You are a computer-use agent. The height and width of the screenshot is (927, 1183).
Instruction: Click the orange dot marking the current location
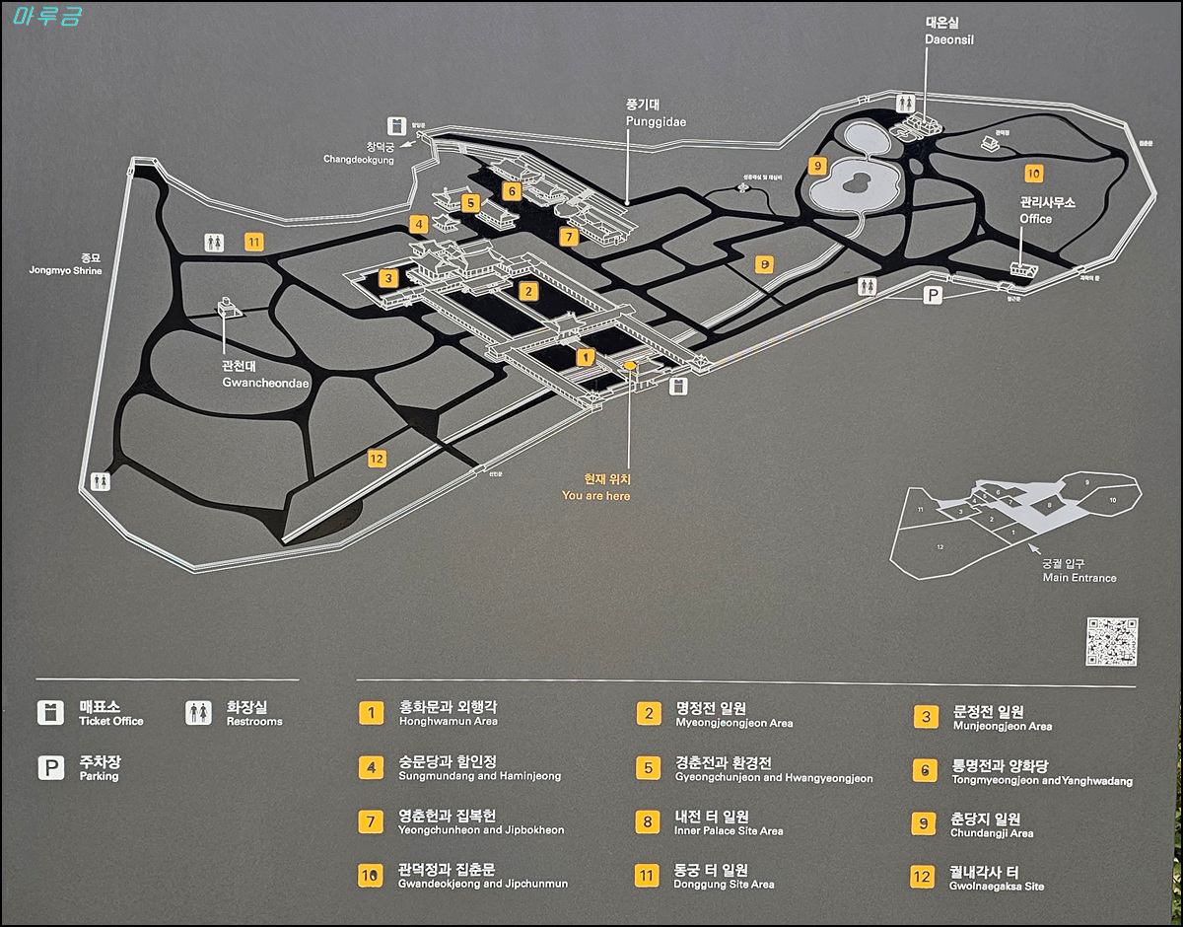click(630, 366)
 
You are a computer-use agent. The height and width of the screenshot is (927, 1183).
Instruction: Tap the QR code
click(1112, 642)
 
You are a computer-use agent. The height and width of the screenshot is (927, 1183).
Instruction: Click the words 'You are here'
click(596, 496)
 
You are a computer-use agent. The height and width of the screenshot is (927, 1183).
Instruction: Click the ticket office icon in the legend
click(50, 712)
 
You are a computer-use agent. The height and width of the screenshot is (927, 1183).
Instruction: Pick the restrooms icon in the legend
click(198, 712)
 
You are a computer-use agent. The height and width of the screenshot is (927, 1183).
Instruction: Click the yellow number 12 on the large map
click(376, 458)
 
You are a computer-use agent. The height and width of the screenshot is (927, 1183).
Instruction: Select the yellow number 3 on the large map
click(388, 278)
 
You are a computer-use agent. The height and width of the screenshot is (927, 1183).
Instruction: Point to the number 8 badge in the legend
click(648, 821)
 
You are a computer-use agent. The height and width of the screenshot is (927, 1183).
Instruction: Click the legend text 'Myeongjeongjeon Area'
click(733, 723)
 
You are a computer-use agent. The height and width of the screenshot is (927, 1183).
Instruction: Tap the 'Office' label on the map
click(1036, 219)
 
